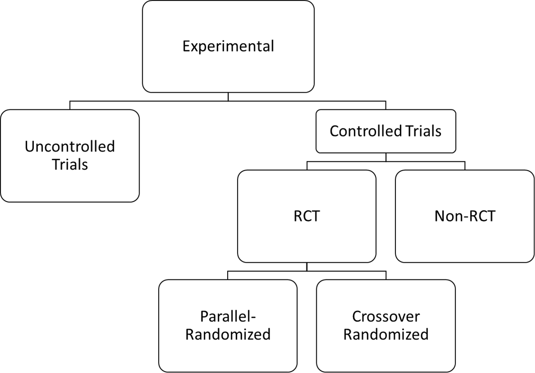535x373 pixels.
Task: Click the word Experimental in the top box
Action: [x=228, y=46]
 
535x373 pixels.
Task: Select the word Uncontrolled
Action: [x=70, y=146]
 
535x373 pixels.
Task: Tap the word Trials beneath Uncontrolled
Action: [x=70, y=164]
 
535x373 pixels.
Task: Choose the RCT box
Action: [x=306, y=216]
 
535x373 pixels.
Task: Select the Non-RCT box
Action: [x=465, y=216]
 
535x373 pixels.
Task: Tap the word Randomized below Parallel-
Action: [x=228, y=335]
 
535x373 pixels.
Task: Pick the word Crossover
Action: [x=385, y=316]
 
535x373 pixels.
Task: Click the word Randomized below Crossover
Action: [x=385, y=335]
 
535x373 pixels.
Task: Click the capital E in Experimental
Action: [x=186, y=46]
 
